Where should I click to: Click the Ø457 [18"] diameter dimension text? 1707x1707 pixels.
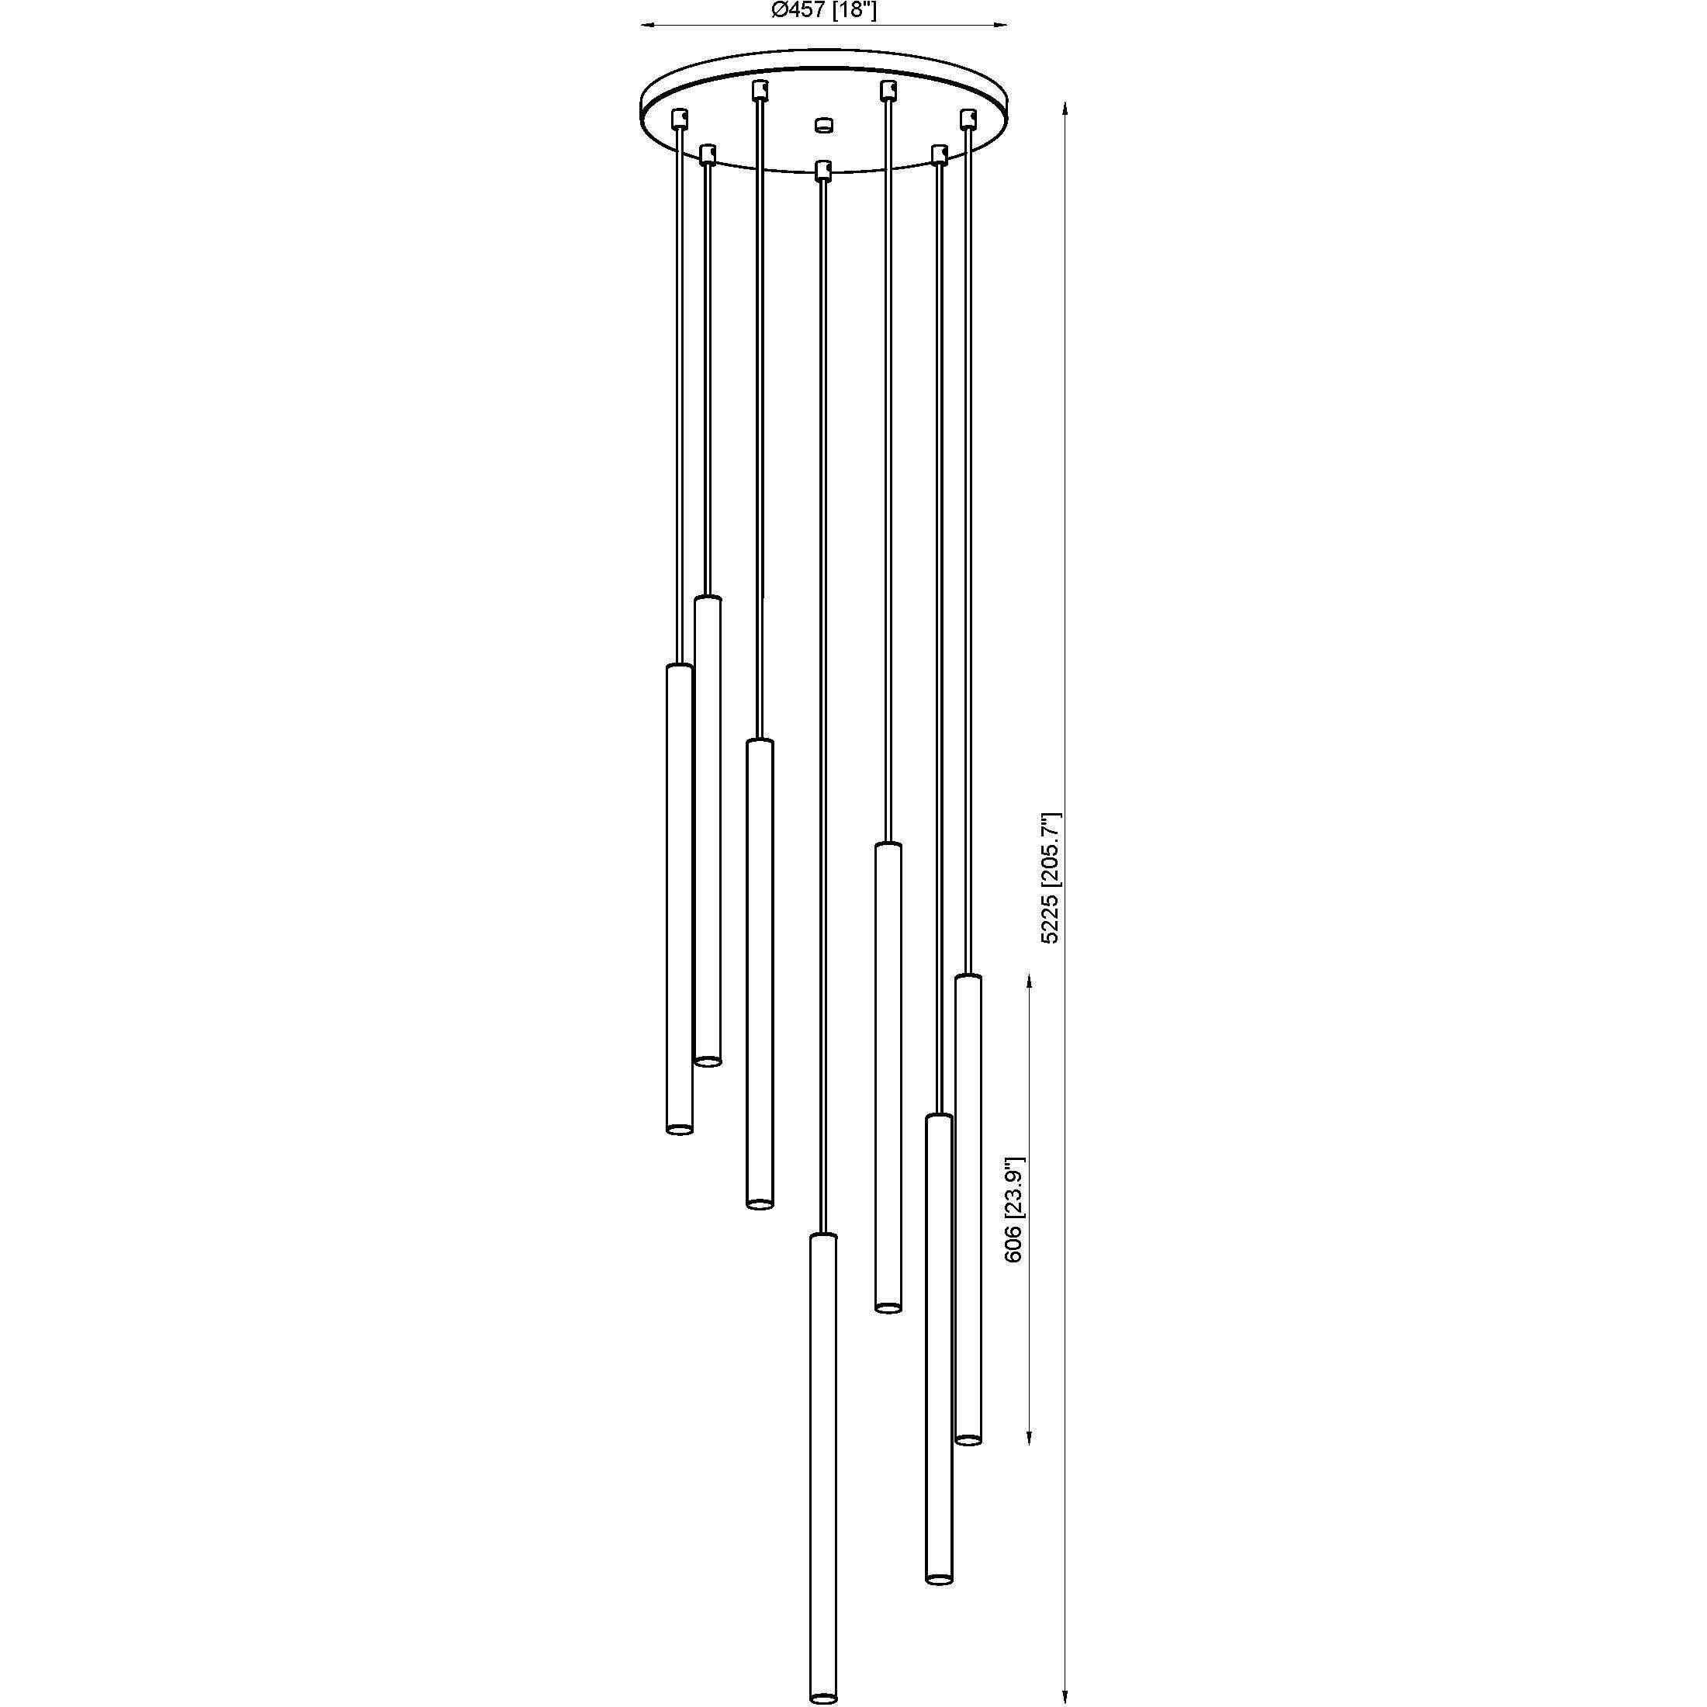tap(823, 11)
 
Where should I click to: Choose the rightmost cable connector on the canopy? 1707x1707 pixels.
tap(968, 117)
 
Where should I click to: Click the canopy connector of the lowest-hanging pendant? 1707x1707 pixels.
tap(823, 168)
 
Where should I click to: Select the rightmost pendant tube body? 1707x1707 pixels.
tap(968, 1210)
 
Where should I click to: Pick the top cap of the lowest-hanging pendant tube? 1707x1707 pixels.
tap(823, 1237)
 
